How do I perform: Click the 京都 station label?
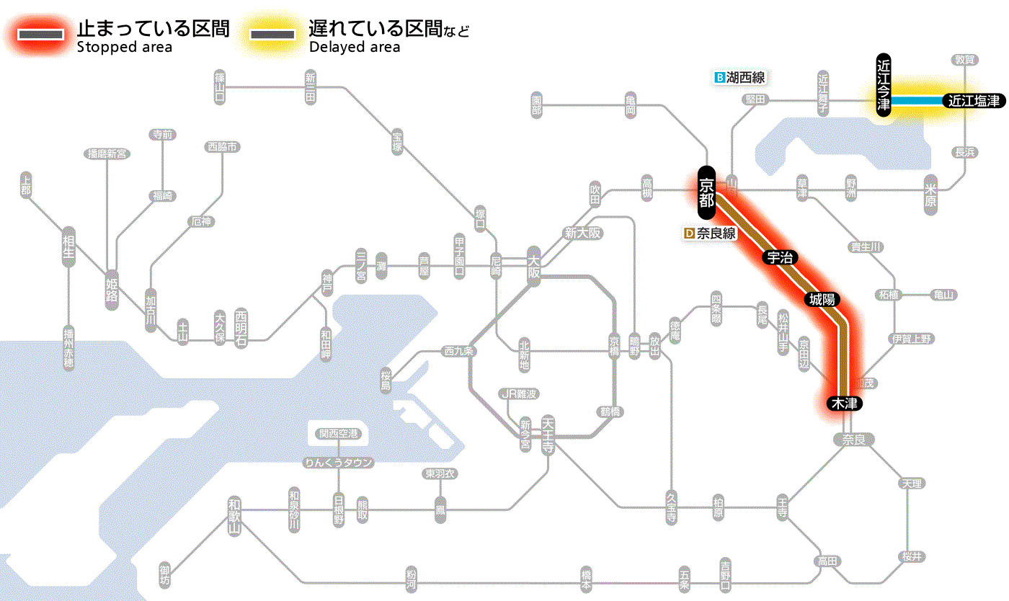coord(706,193)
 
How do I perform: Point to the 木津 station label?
coord(845,404)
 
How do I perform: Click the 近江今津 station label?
coord(884,85)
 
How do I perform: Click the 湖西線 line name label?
coord(739,77)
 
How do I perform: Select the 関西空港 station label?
coord(338,434)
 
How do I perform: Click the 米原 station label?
coord(930,195)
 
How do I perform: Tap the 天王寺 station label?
coord(548,434)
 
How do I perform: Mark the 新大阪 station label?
coord(582,233)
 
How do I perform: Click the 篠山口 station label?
coord(220,86)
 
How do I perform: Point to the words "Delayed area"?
coord(354,48)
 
